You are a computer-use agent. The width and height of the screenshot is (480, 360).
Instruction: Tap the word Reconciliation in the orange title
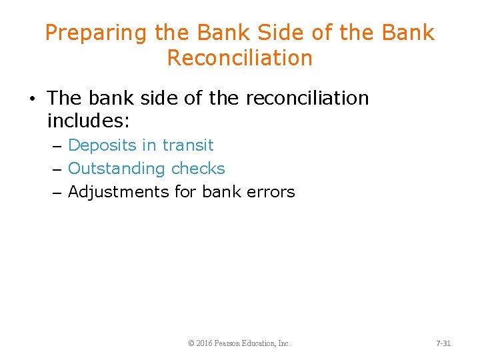[x=239, y=58]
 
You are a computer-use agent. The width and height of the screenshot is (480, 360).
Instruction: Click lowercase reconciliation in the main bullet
[x=307, y=98]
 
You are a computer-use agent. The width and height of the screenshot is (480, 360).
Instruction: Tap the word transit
[x=189, y=145]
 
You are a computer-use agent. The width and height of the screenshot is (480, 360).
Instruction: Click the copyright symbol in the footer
[x=191, y=343]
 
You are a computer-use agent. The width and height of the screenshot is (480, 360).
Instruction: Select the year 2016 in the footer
[x=205, y=343]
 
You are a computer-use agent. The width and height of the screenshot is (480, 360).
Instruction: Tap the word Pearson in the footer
[x=231, y=343]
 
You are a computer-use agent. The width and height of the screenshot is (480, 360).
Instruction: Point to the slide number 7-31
[x=443, y=343]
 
